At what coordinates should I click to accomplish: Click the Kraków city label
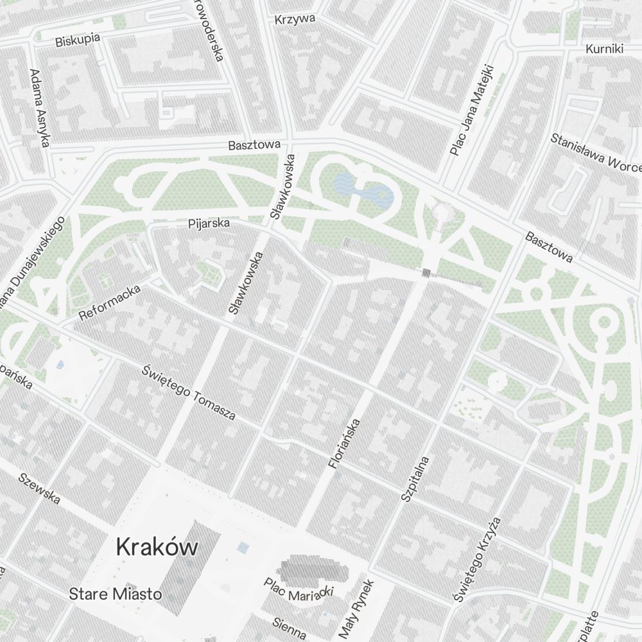click(157, 548)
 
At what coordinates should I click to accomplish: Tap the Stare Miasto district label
click(116, 594)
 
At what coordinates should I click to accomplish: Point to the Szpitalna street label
click(415, 478)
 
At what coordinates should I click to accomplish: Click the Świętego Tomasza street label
click(189, 392)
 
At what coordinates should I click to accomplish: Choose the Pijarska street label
click(209, 224)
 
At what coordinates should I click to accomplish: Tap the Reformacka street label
click(110, 303)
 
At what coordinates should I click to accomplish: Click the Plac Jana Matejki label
click(471, 110)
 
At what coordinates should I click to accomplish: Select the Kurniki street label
click(605, 49)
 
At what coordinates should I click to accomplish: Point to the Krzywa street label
click(295, 19)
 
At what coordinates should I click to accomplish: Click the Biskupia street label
click(78, 40)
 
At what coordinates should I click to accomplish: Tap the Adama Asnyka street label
click(39, 108)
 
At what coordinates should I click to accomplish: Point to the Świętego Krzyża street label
click(476, 560)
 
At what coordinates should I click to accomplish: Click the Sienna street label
click(289, 623)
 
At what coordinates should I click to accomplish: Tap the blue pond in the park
click(363, 189)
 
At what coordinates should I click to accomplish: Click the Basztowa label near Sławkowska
click(254, 146)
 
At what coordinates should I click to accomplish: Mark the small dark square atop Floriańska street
click(426, 273)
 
